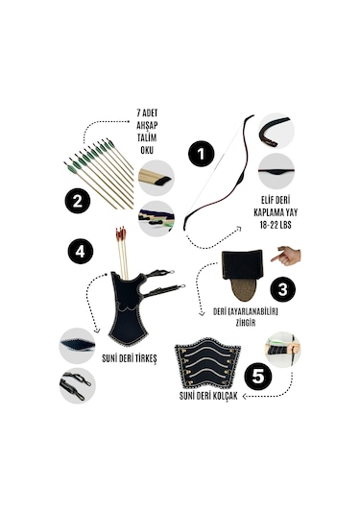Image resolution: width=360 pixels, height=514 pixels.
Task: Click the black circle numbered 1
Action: point(202,154)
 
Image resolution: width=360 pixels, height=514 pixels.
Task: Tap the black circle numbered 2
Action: point(78,201)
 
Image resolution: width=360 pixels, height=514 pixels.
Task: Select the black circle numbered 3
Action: point(282,289)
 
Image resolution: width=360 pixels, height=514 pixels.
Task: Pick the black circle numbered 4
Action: point(81,252)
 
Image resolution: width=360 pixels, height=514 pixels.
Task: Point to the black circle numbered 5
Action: point(258,377)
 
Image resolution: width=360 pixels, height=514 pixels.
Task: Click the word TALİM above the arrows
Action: point(147,137)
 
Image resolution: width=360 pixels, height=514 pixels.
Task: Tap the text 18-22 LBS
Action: point(276,225)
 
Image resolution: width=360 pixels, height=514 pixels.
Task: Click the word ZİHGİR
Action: point(246,323)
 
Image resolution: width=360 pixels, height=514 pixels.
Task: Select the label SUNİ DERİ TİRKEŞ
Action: point(130,358)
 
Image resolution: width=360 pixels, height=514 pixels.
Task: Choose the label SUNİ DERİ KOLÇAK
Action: point(208,396)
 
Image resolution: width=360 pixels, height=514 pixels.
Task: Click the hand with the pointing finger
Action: point(286,256)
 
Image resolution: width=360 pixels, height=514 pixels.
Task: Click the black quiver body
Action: point(128,309)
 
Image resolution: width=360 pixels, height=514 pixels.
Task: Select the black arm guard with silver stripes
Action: point(207,362)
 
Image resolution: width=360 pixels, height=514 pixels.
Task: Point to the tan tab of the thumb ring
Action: point(243,289)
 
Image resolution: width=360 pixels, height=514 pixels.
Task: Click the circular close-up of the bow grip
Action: point(276,171)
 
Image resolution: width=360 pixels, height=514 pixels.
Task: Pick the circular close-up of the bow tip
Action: point(276,131)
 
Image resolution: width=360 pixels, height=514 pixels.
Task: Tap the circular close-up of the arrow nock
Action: point(156,178)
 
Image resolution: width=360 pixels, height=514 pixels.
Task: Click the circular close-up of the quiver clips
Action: point(78,385)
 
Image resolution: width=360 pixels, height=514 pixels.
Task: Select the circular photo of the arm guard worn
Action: point(282,350)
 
